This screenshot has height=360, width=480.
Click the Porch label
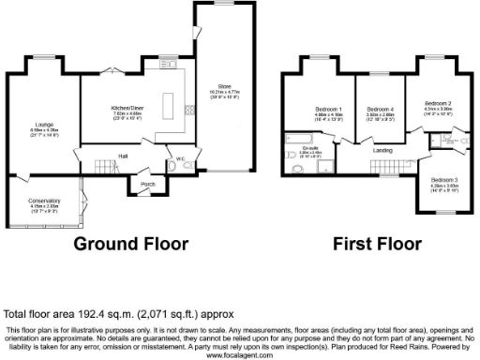click(x=147, y=184)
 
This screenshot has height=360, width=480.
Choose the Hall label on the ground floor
click(x=122, y=156)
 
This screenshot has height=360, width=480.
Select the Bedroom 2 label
click(x=438, y=102)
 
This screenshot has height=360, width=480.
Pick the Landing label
click(x=382, y=150)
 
